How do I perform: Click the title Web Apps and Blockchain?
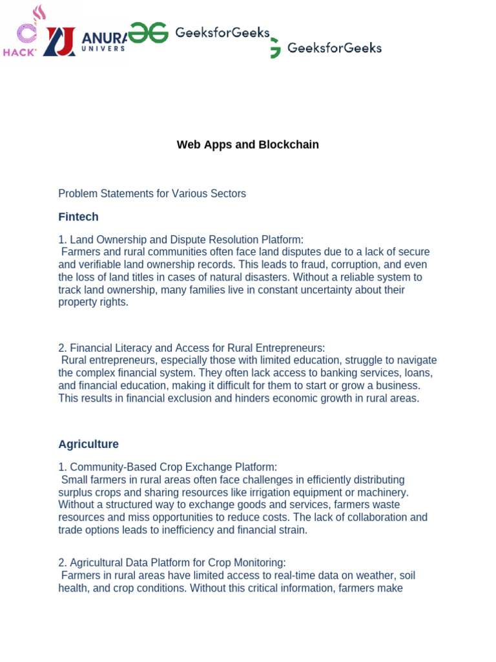point(247,145)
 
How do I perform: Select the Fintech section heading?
point(78,217)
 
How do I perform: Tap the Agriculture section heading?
point(88,444)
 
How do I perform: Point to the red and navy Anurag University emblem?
point(59,41)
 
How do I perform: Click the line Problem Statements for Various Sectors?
point(152,193)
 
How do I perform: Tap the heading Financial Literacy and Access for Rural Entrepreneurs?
point(197,348)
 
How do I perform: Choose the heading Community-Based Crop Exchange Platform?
point(173,467)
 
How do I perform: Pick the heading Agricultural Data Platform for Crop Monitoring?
point(178,562)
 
